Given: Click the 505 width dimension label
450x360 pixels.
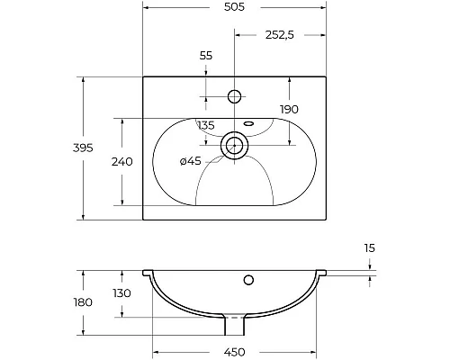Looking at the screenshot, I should pyautogui.click(x=234, y=6).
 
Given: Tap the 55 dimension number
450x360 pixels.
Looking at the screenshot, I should pyautogui.click(x=205, y=56).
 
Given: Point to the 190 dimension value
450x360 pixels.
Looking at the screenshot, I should pyautogui.click(x=314, y=110).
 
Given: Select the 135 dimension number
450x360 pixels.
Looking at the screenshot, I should pyautogui.click(x=205, y=126).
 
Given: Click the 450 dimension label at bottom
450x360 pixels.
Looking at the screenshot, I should pyautogui.click(x=234, y=351).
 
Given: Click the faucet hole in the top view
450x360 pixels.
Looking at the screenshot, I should pyautogui.click(x=236, y=95).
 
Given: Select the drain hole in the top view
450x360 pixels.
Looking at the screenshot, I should pyautogui.click(x=236, y=144).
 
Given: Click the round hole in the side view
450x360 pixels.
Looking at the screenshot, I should pyautogui.click(x=247, y=279).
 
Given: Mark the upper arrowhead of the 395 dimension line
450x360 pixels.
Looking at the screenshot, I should pyautogui.click(x=83, y=82).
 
